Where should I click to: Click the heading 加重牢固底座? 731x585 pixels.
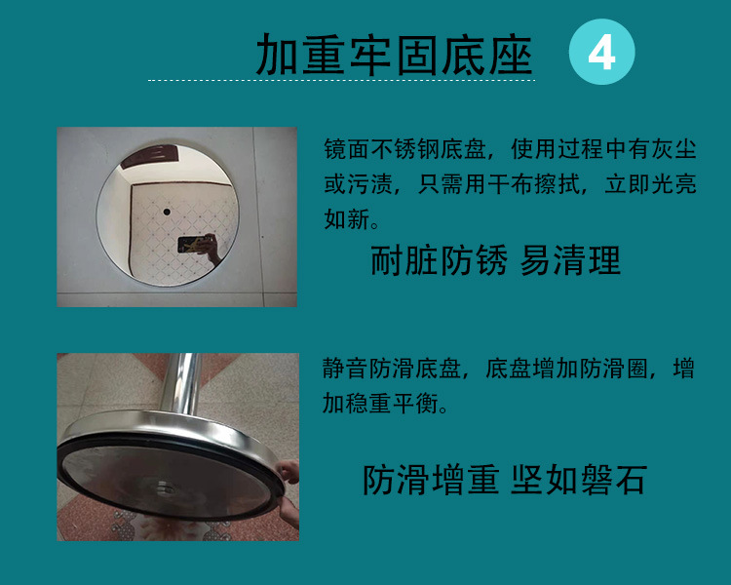pyautogui.click(x=394, y=55)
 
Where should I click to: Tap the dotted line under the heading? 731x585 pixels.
pyautogui.click(x=341, y=81)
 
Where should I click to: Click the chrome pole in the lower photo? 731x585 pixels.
pyautogui.click(x=182, y=385)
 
